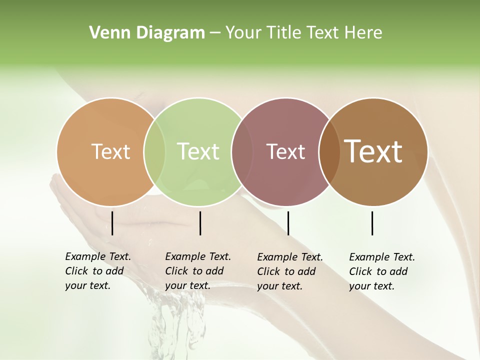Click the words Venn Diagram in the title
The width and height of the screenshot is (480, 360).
[x=147, y=33]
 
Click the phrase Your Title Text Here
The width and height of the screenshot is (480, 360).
[x=303, y=33]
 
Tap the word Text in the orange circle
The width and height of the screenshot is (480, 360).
[x=110, y=151]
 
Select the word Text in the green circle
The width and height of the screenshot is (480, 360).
[x=198, y=151]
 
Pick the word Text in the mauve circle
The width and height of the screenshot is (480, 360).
[x=285, y=151]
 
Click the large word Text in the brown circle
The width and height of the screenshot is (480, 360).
[x=373, y=151]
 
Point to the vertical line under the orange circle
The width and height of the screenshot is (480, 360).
[x=112, y=223]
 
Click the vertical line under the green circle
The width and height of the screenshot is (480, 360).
[x=200, y=223]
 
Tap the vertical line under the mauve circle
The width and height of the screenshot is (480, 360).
[x=288, y=223]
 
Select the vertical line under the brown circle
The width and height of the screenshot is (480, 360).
[x=372, y=223]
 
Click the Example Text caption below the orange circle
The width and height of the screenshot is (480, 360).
[x=97, y=271]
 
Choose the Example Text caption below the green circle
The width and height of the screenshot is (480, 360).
[x=197, y=271]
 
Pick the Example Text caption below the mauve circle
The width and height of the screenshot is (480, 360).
[x=289, y=271]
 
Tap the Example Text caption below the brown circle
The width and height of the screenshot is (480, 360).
[x=381, y=271]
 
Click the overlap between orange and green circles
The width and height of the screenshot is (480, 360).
[x=154, y=151]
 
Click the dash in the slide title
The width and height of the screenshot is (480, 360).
[x=215, y=33]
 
